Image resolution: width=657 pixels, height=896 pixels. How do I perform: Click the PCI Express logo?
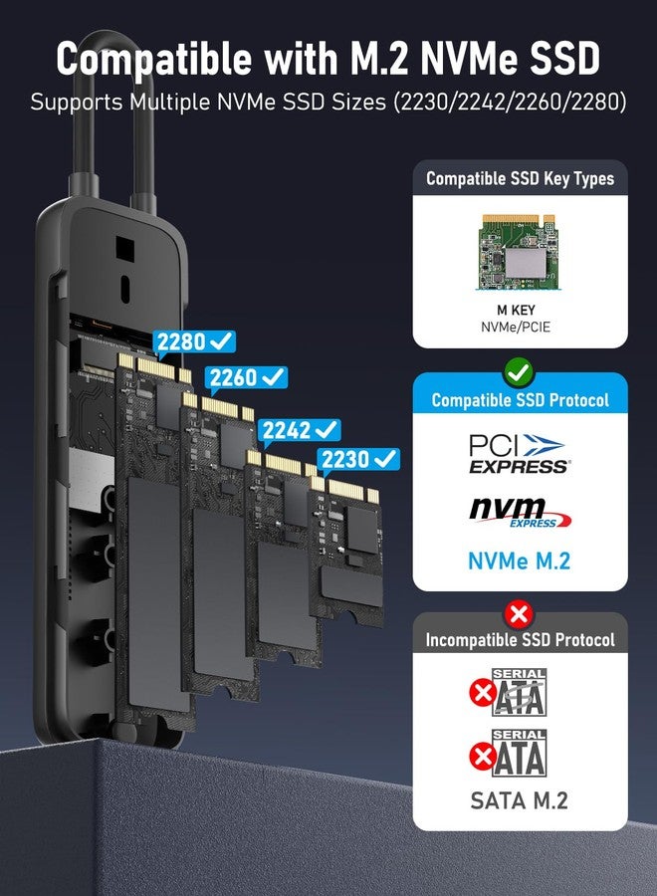point(519,452)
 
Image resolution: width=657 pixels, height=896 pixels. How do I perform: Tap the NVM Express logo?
point(520,513)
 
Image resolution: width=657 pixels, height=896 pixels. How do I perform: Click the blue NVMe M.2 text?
point(520,560)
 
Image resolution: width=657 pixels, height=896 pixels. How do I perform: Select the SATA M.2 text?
point(520,799)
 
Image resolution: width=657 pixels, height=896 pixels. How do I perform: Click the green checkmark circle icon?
point(520,373)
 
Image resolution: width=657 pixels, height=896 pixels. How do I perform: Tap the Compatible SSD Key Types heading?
point(520,179)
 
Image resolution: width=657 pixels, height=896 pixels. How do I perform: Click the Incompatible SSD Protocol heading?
point(520,640)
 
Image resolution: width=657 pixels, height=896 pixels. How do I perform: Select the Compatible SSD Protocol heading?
point(520,400)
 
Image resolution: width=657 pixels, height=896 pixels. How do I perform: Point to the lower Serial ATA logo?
point(520,754)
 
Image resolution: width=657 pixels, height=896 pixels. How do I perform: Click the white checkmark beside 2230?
point(385,459)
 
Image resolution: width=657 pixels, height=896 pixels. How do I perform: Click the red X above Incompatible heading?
point(520,613)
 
